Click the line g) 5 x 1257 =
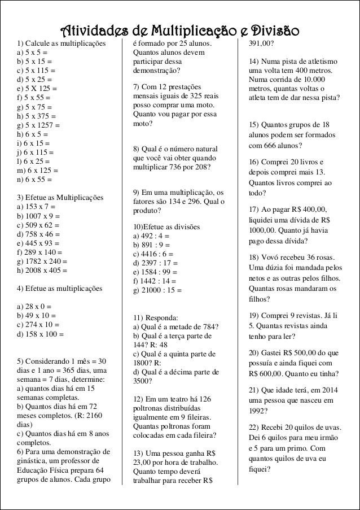[38, 125]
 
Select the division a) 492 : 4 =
[151, 236]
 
